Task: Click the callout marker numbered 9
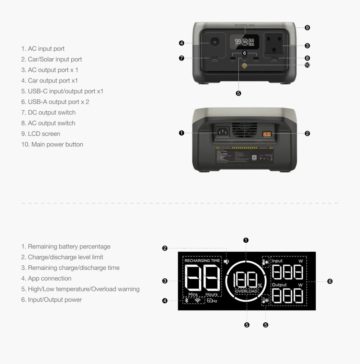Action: [x=307, y=28]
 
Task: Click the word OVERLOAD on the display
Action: [x=246, y=291]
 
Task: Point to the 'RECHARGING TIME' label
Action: [x=202, y=261]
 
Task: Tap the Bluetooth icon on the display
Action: [x=186, y=300]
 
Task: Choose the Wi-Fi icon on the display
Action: [x=197, y=300]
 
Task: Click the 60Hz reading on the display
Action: [x=212, y=301]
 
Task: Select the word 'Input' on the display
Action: [x=277, y=261]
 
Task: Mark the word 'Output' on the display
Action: [x=279, y=285]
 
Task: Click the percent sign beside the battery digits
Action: [x=260, y=286]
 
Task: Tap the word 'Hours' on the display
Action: [x=211, y=295]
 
